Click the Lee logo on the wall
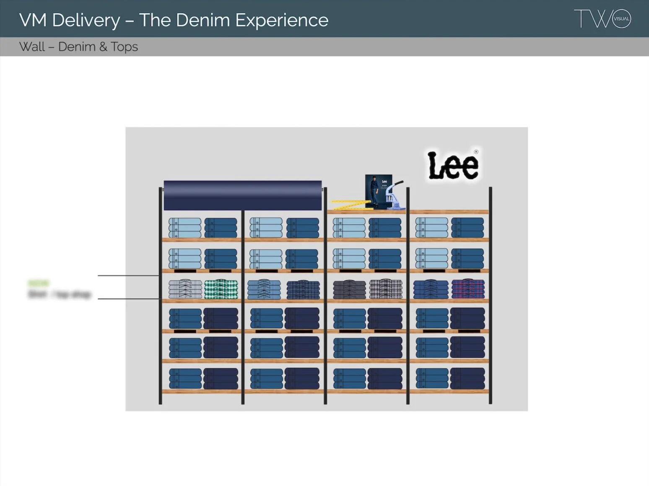(x=453, y=166)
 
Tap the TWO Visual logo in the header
(x=602, y=19)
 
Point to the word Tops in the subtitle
(x=124, y=47)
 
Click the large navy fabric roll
(x=242, y=195)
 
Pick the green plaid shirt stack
(x=221, y=289)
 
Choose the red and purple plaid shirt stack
(x=468, y=289)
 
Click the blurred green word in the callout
(x=39, y=283)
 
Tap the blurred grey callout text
(x=59, y=294)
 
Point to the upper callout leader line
(x=128, y=275)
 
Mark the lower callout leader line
(x=128, y=299)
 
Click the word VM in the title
(x=33, y=20)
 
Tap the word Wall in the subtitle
(x=32, y=47)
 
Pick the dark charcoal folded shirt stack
(x=349, y=289)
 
